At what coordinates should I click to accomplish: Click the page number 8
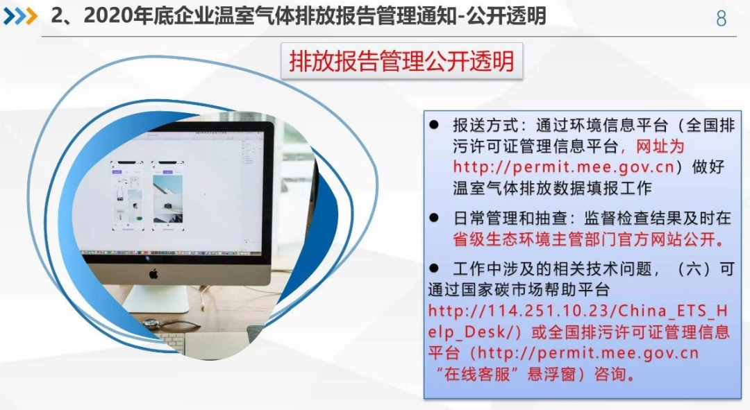click(722, 18)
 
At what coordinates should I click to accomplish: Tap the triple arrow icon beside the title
click(20, 17)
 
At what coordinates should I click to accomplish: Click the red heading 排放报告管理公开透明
click(402, 62)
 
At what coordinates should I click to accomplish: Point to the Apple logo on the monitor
click(153, 274)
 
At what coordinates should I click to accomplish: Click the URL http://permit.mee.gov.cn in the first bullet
click(564, 166)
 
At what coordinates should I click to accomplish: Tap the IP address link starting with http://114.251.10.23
click(578, 321)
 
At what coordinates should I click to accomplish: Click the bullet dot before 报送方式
click(434, 125)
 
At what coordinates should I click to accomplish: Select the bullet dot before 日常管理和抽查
click(434, 218)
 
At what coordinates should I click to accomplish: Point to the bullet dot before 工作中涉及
click(434, 268)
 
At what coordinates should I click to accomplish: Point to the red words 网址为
click(660, 146)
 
